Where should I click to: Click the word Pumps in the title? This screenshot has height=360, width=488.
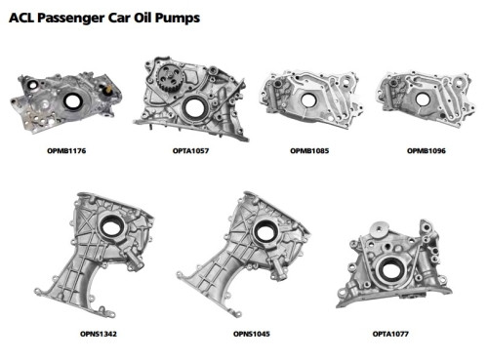coord(178,18)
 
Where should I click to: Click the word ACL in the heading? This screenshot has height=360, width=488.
coord(21,18)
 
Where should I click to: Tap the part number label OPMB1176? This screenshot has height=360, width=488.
coord(66,151)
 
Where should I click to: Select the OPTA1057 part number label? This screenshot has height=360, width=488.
coord(190,151)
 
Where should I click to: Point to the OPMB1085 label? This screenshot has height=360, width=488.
coord(309,151)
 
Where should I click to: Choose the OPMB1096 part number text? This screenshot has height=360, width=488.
coord(427,151)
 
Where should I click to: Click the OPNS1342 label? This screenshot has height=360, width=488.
coord(99,334)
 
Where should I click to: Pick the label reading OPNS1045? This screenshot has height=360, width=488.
coord(252,334)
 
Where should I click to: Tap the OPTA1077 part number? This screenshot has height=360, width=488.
coord(390,334)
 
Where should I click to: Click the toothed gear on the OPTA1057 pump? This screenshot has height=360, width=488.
coord(170,78)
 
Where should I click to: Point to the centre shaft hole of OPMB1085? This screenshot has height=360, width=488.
coord(307,100)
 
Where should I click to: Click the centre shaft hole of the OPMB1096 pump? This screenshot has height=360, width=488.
coord(423,100)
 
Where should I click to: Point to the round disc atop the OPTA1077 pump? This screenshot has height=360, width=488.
coord(380,229)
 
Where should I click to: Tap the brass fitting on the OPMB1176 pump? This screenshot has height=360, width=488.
coord(107,90)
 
